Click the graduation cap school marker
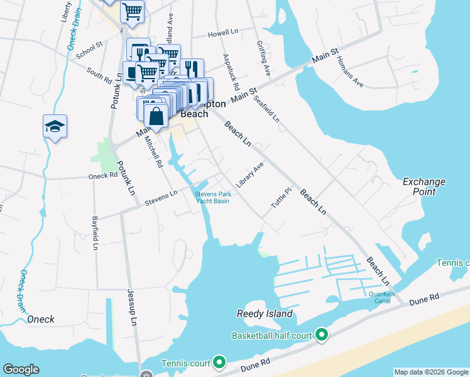[55, 126]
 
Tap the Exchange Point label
[424, 187]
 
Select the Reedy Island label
[265, 314]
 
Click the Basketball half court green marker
[322, 336]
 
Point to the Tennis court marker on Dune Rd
[219, 363]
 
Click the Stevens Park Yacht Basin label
[212, 197]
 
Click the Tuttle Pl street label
[281, 199]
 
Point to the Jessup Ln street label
[132, 312]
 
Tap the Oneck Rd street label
[104, 177]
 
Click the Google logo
[21, 369]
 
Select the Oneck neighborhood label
[41, 319]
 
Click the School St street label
[89, 52]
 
